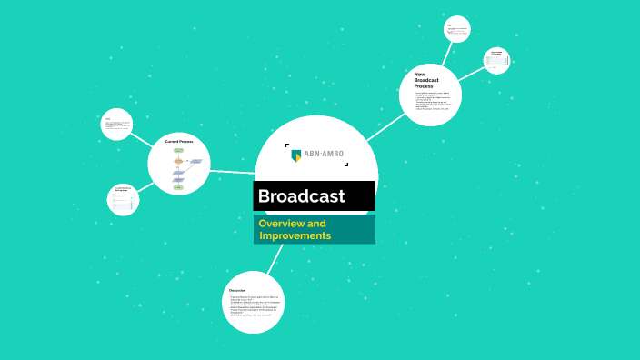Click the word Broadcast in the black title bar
301,196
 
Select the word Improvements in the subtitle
295,236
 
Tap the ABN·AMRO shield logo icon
295,154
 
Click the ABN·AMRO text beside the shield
324,154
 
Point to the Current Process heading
179,142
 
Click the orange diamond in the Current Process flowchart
178,162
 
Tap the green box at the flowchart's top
178,150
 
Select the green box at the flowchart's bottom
178,187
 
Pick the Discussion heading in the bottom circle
238,290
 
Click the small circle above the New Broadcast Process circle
456,28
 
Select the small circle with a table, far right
497,59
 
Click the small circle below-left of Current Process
124,199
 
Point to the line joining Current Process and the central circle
232,170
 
